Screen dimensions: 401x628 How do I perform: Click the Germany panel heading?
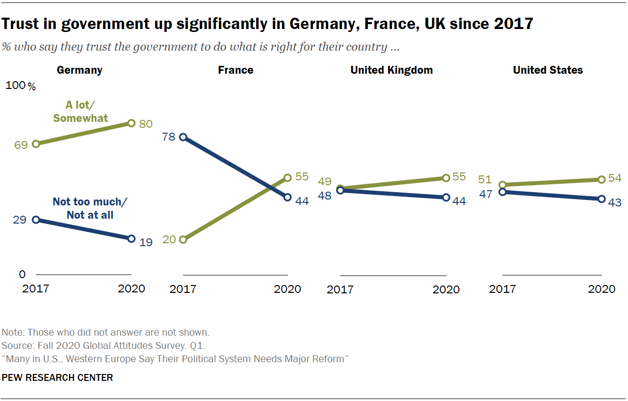point(79,70)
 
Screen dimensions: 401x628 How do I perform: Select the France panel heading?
point(235,70)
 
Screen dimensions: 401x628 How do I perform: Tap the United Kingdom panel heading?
point(392,70)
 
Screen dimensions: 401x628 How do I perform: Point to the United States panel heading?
point(548,70)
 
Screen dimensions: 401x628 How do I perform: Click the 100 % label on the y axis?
point(21,86)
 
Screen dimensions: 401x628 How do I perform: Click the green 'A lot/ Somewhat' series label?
point(80,111)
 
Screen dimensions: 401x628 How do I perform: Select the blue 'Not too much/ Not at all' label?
point(83,208)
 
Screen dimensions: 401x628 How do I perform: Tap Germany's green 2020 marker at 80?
point(131,123)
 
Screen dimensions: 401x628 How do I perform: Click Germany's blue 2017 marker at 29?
point(36,220)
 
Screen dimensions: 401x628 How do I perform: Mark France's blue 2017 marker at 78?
point(183,137)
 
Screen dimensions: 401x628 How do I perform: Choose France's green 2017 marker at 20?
point(183,240)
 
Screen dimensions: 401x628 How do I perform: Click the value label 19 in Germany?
point(146,242)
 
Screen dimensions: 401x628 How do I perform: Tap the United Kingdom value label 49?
point(326,182)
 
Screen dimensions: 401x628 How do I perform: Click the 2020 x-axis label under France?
point(288,289)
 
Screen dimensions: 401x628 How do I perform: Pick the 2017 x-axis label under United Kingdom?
point(340,289)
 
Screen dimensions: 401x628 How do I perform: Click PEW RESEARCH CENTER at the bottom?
point(57,377)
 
